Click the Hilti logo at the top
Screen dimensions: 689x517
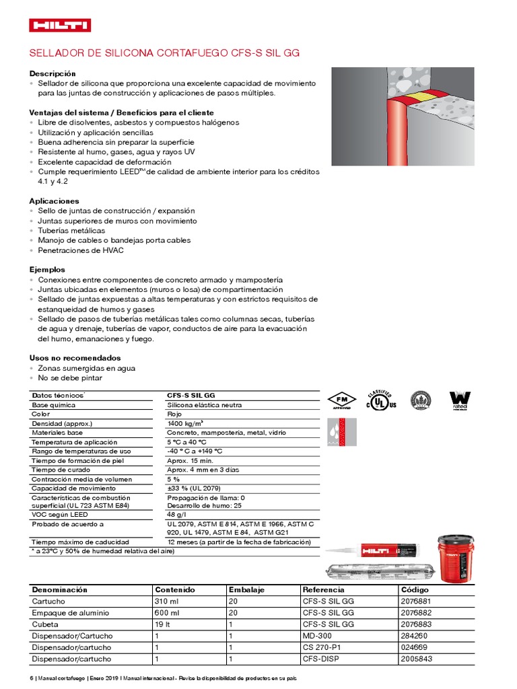click(60, 26)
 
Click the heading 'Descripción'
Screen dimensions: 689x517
click(53, 73)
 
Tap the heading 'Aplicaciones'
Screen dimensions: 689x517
click(54, 201)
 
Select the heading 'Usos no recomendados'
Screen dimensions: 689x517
click(75, 358)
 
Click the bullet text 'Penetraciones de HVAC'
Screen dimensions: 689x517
click(80, 250)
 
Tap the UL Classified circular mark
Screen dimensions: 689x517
click(380, 400)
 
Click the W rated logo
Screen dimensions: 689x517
click(460, 400)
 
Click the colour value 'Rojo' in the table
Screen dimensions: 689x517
click(174, 414)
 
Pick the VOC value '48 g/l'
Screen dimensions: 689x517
click(177, 514)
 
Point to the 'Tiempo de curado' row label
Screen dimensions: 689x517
click(60, 470)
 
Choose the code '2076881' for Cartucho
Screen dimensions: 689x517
click(417, 602)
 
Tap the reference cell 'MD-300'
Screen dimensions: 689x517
click(317, 636)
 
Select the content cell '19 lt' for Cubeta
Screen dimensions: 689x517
click(166, 624)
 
